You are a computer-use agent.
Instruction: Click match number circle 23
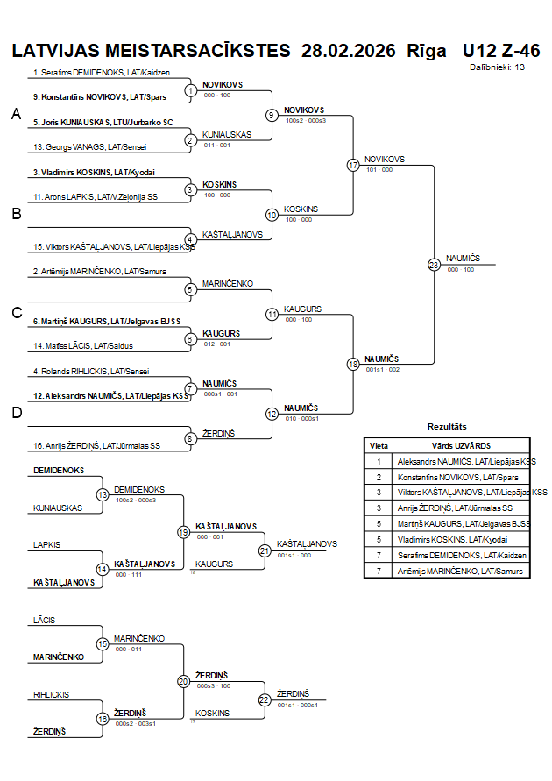coord(434,264)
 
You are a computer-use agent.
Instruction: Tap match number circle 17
coord(353,165)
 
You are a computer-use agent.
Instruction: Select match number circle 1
coord(191,90)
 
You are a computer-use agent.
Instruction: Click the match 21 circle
coord(265,550)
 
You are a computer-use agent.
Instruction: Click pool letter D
coord(16,413)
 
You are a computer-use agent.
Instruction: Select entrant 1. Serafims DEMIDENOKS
coord(101,73)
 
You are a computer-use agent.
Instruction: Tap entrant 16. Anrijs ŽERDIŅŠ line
coord(96,445)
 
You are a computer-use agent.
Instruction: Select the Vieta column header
coord(379,445)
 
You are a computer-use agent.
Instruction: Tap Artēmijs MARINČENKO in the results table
coord(461,571)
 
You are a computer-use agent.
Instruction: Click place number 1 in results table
coord(379,461)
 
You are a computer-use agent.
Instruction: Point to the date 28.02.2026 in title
coord(348,50)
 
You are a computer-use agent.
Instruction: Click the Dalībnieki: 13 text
coord(497,67)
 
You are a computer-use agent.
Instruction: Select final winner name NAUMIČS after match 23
coord(462,259)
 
